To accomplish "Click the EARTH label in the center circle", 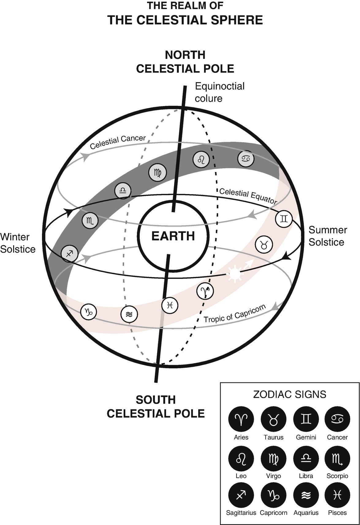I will pos(173,236).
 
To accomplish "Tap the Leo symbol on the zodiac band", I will pos(201,160).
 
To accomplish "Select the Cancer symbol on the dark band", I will pos(246,158).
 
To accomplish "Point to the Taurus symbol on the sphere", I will pos(264,245).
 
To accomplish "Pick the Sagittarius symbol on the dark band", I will pos(70,253).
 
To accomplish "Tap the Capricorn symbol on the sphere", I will pos(89,312).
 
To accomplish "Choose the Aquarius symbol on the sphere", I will pos(129,314).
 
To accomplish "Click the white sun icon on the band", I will pos(235,274).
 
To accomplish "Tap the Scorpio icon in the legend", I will pos(337,458).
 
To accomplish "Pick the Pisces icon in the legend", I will pos(337,495).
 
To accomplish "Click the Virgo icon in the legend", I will pos(274,458).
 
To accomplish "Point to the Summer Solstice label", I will pos(328,236).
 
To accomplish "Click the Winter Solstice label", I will pos(17,243).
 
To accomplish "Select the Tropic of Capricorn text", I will pos(235,314).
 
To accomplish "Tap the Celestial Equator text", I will pos(248,196).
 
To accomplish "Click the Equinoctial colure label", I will pos(219,92).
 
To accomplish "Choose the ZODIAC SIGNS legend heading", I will pos(290,394).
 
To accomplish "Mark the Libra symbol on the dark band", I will pos(123,191).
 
